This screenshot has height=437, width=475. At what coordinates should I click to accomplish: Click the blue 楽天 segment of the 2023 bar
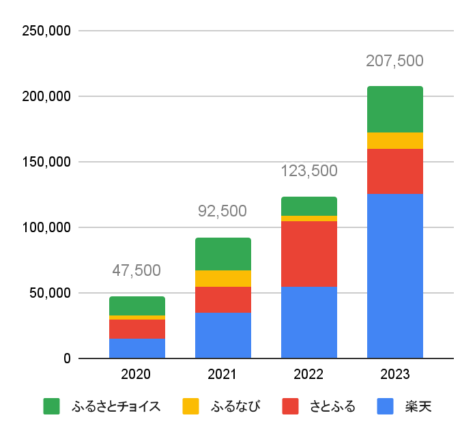pyautogui.click(x=394, y=276)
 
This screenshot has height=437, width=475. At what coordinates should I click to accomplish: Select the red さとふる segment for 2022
pyautogui.click(x=308, y=254)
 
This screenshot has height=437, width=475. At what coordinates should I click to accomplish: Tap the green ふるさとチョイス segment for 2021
pyautogui.click(x=222, y=254)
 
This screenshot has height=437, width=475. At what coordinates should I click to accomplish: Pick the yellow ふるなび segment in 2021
pyautogui.click(x=222, y=279)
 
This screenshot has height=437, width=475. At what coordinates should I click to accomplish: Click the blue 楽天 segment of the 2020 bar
pyautogui.click(x=136, y=348)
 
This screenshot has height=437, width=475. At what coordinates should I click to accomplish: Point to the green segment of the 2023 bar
pyautogui.click(x=394, y=109)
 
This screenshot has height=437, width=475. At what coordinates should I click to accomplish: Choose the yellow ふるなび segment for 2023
pyautogui.click(x=394, y=141)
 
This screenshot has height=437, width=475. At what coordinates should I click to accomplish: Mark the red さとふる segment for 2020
pyautogui.click(x=136, y=329)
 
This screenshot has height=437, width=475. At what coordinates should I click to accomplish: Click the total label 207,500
pyautogui.click(x=394, y=61)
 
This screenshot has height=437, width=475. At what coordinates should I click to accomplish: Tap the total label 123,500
pyautogui.click(x=308, y=171)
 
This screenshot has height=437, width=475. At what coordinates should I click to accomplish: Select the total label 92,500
pyautogui.click(x=222, y=212)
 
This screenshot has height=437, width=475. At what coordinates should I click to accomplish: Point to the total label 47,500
pyautogui.click(x=136, y=271)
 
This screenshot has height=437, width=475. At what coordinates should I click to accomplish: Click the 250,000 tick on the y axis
pyautogui.click(x=46, y=31)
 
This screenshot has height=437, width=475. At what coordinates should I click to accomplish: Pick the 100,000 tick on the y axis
pyautogui.click(x=46, y=227)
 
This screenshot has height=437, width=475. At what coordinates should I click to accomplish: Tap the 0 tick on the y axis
pyautogui.click(x=67, y=358)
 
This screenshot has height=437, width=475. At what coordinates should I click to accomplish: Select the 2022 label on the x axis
pyautogui.click(x=308, y=374)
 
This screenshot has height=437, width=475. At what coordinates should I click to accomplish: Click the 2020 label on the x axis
pyautogui.click(x=136, y=374)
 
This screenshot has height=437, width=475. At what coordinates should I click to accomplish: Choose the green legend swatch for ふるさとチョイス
pyautogui.click(x=51, y=407)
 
